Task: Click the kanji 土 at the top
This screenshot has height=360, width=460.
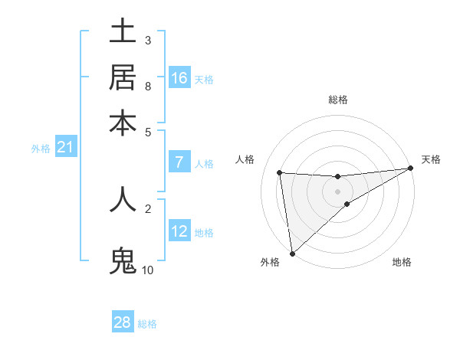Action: coord(123,31)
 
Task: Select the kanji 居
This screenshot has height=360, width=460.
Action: coord(123,77)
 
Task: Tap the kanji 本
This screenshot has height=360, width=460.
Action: coord(123,123)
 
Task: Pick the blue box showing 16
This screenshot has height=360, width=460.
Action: coord(179,78)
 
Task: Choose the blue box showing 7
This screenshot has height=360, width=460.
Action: coord(179,162)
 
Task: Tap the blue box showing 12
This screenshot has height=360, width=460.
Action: coord(179,231)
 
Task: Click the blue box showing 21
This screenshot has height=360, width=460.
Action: coord(65,147)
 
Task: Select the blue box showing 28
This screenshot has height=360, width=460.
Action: coord(123,322)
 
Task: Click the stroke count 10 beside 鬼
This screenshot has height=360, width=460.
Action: coord(147,270)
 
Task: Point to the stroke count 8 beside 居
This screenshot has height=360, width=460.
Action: coord(147,87)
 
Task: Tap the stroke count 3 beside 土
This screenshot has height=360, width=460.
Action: coord(147,40)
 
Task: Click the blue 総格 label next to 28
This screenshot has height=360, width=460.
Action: coord(147,324)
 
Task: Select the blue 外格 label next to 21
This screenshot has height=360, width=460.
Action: coord(40,149)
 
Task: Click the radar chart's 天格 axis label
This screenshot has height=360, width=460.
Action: coord(431,159)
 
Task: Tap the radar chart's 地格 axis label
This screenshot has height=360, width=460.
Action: coord(402,263)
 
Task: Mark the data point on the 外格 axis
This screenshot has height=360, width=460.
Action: coord(292,253)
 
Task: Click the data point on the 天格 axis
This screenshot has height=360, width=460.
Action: coord(411,169)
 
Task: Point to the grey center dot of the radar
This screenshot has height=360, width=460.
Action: coord(337,191)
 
